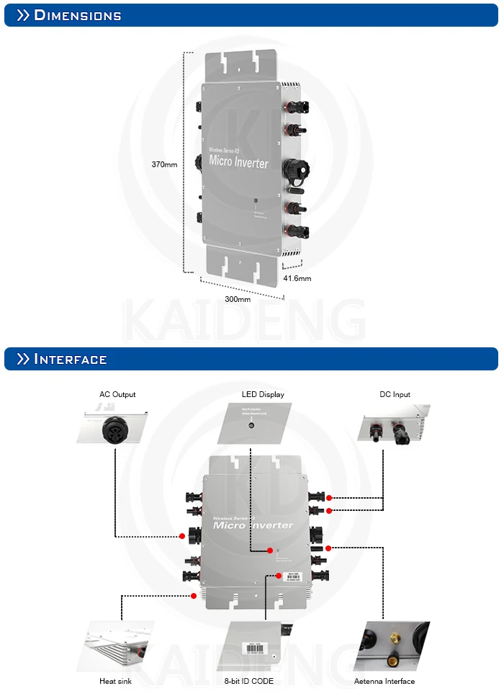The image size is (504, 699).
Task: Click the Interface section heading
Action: [x=71, y=359]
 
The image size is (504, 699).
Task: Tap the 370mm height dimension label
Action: [x=164, y=164]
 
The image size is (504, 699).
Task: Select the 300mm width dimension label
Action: [x=238, y=299]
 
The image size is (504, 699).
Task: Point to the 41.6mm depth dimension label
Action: [x=297, y=278]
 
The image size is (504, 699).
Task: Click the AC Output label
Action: [x=117, y=394]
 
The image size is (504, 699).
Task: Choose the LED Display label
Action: [x=263, y=394]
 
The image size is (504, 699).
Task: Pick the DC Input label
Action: [x=395, y=394]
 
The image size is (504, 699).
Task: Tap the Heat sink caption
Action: [x=114, y=681]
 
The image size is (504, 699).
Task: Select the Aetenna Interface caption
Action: [x=384, y=681]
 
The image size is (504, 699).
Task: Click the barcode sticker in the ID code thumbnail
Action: [x=253, y=648]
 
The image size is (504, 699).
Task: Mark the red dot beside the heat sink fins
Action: [x=194, y=596]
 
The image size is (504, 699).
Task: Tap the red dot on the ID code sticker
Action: [x=279, y=575]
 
